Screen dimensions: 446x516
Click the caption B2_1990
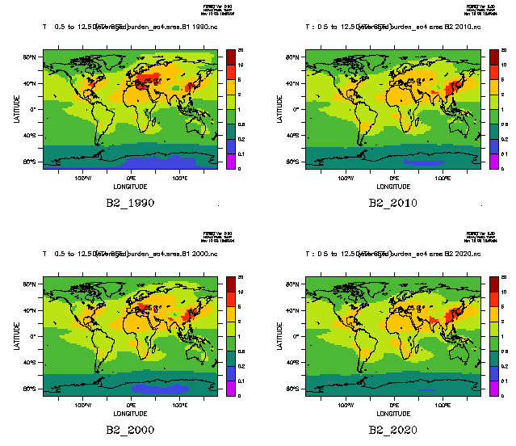130,203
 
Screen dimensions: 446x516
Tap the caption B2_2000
130,431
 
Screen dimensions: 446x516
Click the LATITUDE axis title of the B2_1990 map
16,109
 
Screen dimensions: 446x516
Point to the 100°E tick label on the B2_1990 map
179,177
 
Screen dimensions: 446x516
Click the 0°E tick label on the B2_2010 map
394,177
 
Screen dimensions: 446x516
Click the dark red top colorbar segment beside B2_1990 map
230,53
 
